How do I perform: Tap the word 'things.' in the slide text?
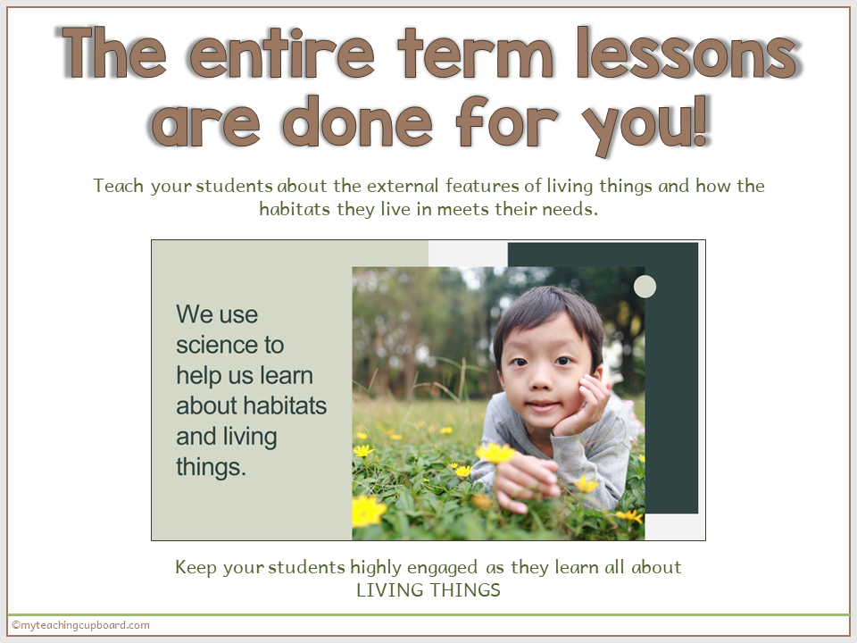pyautogui.click(x=211, y=467)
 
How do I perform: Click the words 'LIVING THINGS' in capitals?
pyautogui.click(x=428, y=590)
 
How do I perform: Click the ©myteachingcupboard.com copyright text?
pyautogui.click(x=80, y=625)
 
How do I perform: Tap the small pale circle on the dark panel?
pyautogui.click(x=645, y=287)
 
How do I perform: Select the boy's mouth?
pyautogui.click(x=538, y=404)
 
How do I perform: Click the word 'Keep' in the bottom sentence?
pyautogui.click(x=196, y=567)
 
